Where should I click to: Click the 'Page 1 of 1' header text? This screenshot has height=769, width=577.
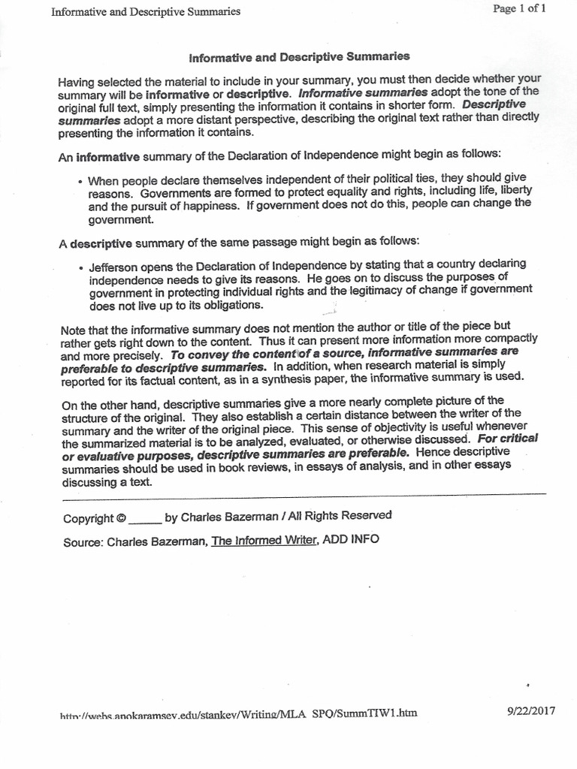coord(524,8)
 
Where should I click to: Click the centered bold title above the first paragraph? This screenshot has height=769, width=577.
coord(299,56)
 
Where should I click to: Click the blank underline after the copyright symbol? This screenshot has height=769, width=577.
coord(144,519)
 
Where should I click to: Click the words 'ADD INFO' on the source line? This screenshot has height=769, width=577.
coord(351,539)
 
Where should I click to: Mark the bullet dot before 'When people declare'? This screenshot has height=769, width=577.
coord(80,182)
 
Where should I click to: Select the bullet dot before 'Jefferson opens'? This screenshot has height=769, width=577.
coord(80,267)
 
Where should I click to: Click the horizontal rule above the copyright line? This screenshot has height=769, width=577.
coord(301,495)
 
